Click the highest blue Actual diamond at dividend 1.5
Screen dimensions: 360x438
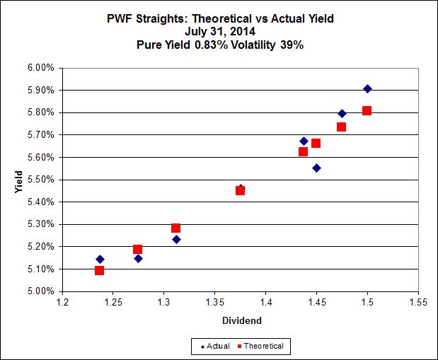tap(367, 88)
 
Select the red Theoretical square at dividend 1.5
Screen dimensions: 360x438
tap(367, 110)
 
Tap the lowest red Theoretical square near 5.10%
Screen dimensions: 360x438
tap(99, 270)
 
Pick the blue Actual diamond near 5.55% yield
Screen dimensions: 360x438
tap(316, 168)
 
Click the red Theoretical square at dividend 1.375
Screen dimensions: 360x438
tap(240, 190)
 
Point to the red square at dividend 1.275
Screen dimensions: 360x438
tap(137, 249)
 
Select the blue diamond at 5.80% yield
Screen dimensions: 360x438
tap(342, 113)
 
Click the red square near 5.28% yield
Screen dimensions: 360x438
tap(175, 228)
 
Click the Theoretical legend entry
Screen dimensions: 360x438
tap(263, 346)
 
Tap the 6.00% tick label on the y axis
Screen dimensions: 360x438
tap(40, 68)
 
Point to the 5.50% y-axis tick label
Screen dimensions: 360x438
tap(40, 180)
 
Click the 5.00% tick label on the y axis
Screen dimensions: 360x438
tap(40, 291)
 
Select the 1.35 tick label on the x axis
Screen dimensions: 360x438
tap(214, 302)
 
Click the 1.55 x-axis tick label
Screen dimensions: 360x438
tap(418, 302)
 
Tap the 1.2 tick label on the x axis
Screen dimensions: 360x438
tap(62, 302)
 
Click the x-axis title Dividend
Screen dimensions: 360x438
tap(241, 320)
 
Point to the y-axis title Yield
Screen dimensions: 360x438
tap(19, 180)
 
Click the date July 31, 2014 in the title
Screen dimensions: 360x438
tap(219, 31)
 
